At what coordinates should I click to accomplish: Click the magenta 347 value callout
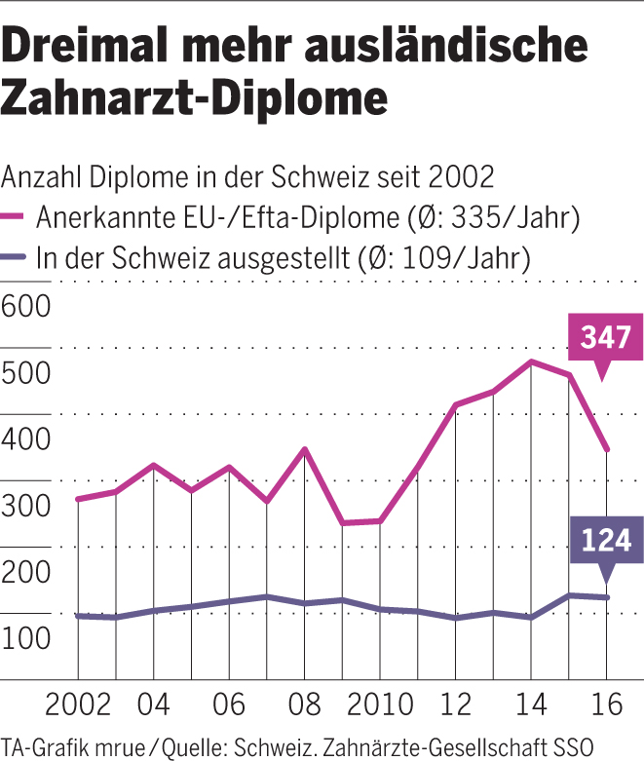coord(605,338)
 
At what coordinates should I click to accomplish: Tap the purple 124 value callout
coord(605,543)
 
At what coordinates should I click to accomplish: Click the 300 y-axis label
coord(26,506)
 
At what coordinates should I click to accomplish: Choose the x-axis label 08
coord(304,704)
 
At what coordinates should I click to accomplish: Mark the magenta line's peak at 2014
coord(531,361)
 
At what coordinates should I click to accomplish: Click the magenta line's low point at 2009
coord(342,523)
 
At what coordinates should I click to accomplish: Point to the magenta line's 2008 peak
coord(305,449)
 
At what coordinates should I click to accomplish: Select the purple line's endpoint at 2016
coord(607,597)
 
